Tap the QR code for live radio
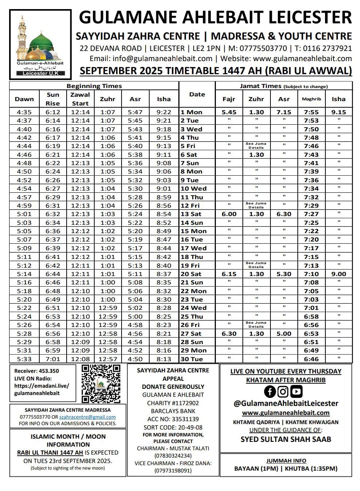pos(101,384)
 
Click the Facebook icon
pos(270,391)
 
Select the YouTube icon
pos(296,391)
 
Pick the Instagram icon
pos(283,391)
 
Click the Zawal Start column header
pos(80,99)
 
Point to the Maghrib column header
pos(311,99)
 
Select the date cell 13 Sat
pos(191,214)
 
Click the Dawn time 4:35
pos(24,112)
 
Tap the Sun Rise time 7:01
pos(53,359)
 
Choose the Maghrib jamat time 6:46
pos(311,359)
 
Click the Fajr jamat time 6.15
pos(229,274)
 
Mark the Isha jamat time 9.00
pos(339,274)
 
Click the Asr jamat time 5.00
pos(284,334)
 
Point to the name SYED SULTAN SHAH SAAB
pos(286,439)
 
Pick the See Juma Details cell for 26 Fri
pos(256,324)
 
